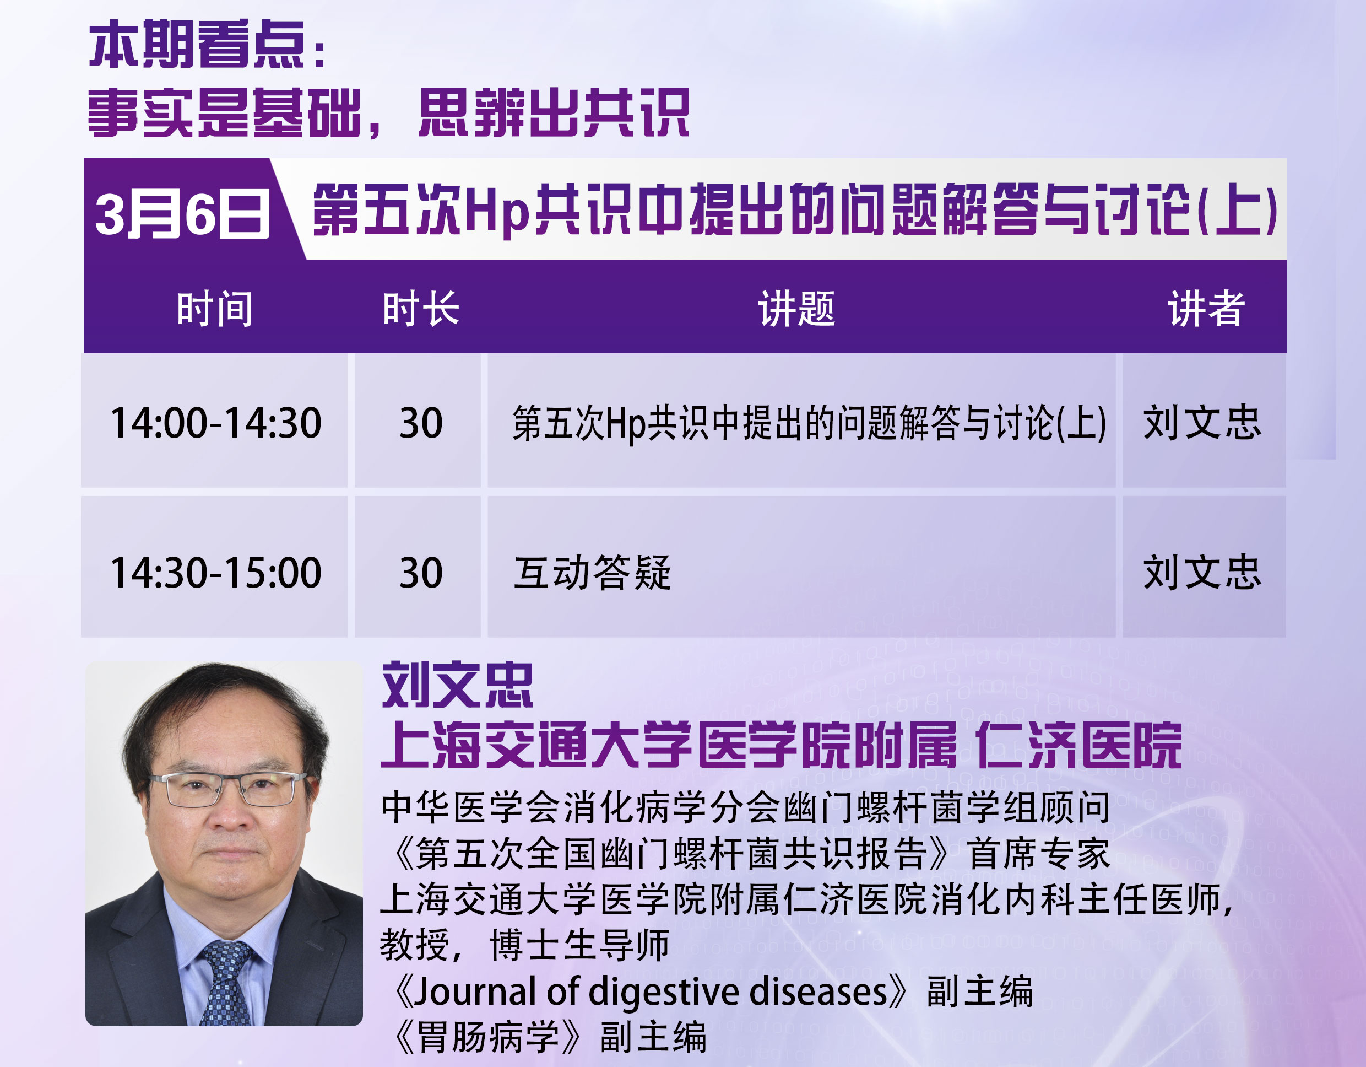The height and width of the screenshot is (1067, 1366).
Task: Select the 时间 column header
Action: tap(214, 309)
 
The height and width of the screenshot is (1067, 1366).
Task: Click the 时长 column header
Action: tap(421, 309)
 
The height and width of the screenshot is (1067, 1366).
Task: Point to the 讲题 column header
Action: tap(797, 309)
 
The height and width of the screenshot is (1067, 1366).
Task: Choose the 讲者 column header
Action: tap(1206, 309)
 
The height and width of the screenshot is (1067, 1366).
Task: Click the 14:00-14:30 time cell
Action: tap(216, 422)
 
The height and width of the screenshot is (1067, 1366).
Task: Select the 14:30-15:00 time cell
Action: tap(216, 573)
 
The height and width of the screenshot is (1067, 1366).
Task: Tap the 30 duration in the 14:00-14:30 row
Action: tap(421, 422)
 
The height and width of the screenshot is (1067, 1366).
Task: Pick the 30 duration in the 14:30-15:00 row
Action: tap(421, 573)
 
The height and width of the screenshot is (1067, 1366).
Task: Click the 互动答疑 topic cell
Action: tap(592, 573)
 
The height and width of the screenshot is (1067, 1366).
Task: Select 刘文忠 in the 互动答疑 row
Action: tap(1202, 572)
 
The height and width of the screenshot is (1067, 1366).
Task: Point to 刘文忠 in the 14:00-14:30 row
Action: tap(1202, 422)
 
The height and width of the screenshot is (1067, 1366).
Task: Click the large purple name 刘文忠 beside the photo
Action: tap(457, 685)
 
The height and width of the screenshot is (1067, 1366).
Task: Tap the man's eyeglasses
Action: tap(229, 789)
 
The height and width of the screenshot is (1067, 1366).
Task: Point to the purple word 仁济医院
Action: tap(1078, 745)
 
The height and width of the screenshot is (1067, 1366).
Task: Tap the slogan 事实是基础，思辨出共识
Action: tap(388, 112)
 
